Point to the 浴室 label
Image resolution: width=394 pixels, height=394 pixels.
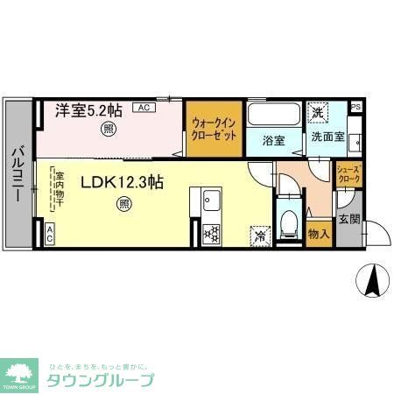click(273, 138)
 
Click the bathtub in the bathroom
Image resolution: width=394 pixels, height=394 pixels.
click(273, 115)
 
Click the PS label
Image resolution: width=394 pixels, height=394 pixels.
click(355, 109)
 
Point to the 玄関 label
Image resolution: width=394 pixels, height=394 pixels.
click(350, 219)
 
